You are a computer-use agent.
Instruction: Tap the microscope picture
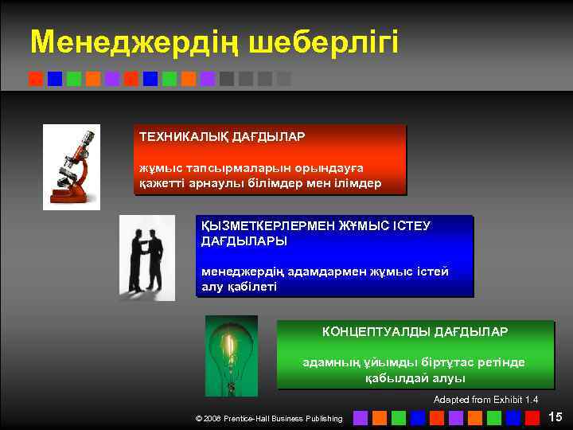point(71,166)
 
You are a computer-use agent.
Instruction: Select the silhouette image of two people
point(147,258)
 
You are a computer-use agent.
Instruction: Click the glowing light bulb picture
point(231,355)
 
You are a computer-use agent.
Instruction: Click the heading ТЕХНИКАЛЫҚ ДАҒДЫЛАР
point(222,137)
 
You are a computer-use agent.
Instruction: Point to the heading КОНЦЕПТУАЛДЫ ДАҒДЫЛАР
point(415,330)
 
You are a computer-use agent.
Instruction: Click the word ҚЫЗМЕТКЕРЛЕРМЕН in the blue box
point(267,226)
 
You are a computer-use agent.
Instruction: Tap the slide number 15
point(555,416)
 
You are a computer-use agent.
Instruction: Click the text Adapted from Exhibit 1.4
point(485,399)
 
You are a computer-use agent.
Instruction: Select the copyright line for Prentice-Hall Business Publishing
point(269,418)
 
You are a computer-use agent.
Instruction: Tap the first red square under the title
point(35,79)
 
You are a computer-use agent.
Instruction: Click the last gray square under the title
point(284,79)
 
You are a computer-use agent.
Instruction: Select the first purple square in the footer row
point(361,417)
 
